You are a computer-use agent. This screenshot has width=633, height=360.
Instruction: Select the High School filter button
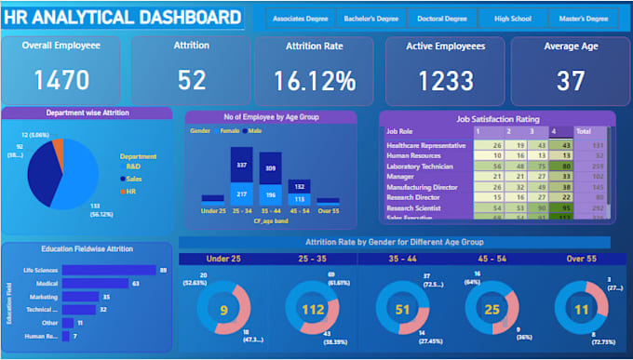tap(513, 19)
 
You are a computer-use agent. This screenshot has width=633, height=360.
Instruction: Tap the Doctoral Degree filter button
tap(443, 19)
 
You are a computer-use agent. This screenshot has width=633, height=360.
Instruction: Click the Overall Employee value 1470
tap(61, 80)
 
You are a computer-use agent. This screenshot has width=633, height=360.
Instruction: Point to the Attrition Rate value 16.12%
tap(314, 80)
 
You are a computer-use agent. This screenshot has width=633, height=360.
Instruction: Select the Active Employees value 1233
tap(445, 80)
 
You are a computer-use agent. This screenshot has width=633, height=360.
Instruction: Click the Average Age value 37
tap(570, 80)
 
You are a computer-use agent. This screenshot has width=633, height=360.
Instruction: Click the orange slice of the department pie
tap(59, 148)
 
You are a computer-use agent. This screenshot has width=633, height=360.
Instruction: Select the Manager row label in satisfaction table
tap(400, 175)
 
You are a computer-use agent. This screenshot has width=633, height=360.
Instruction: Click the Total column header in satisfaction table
tap(584, 131)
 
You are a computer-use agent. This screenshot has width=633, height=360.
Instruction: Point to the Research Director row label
tap(414, 196)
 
